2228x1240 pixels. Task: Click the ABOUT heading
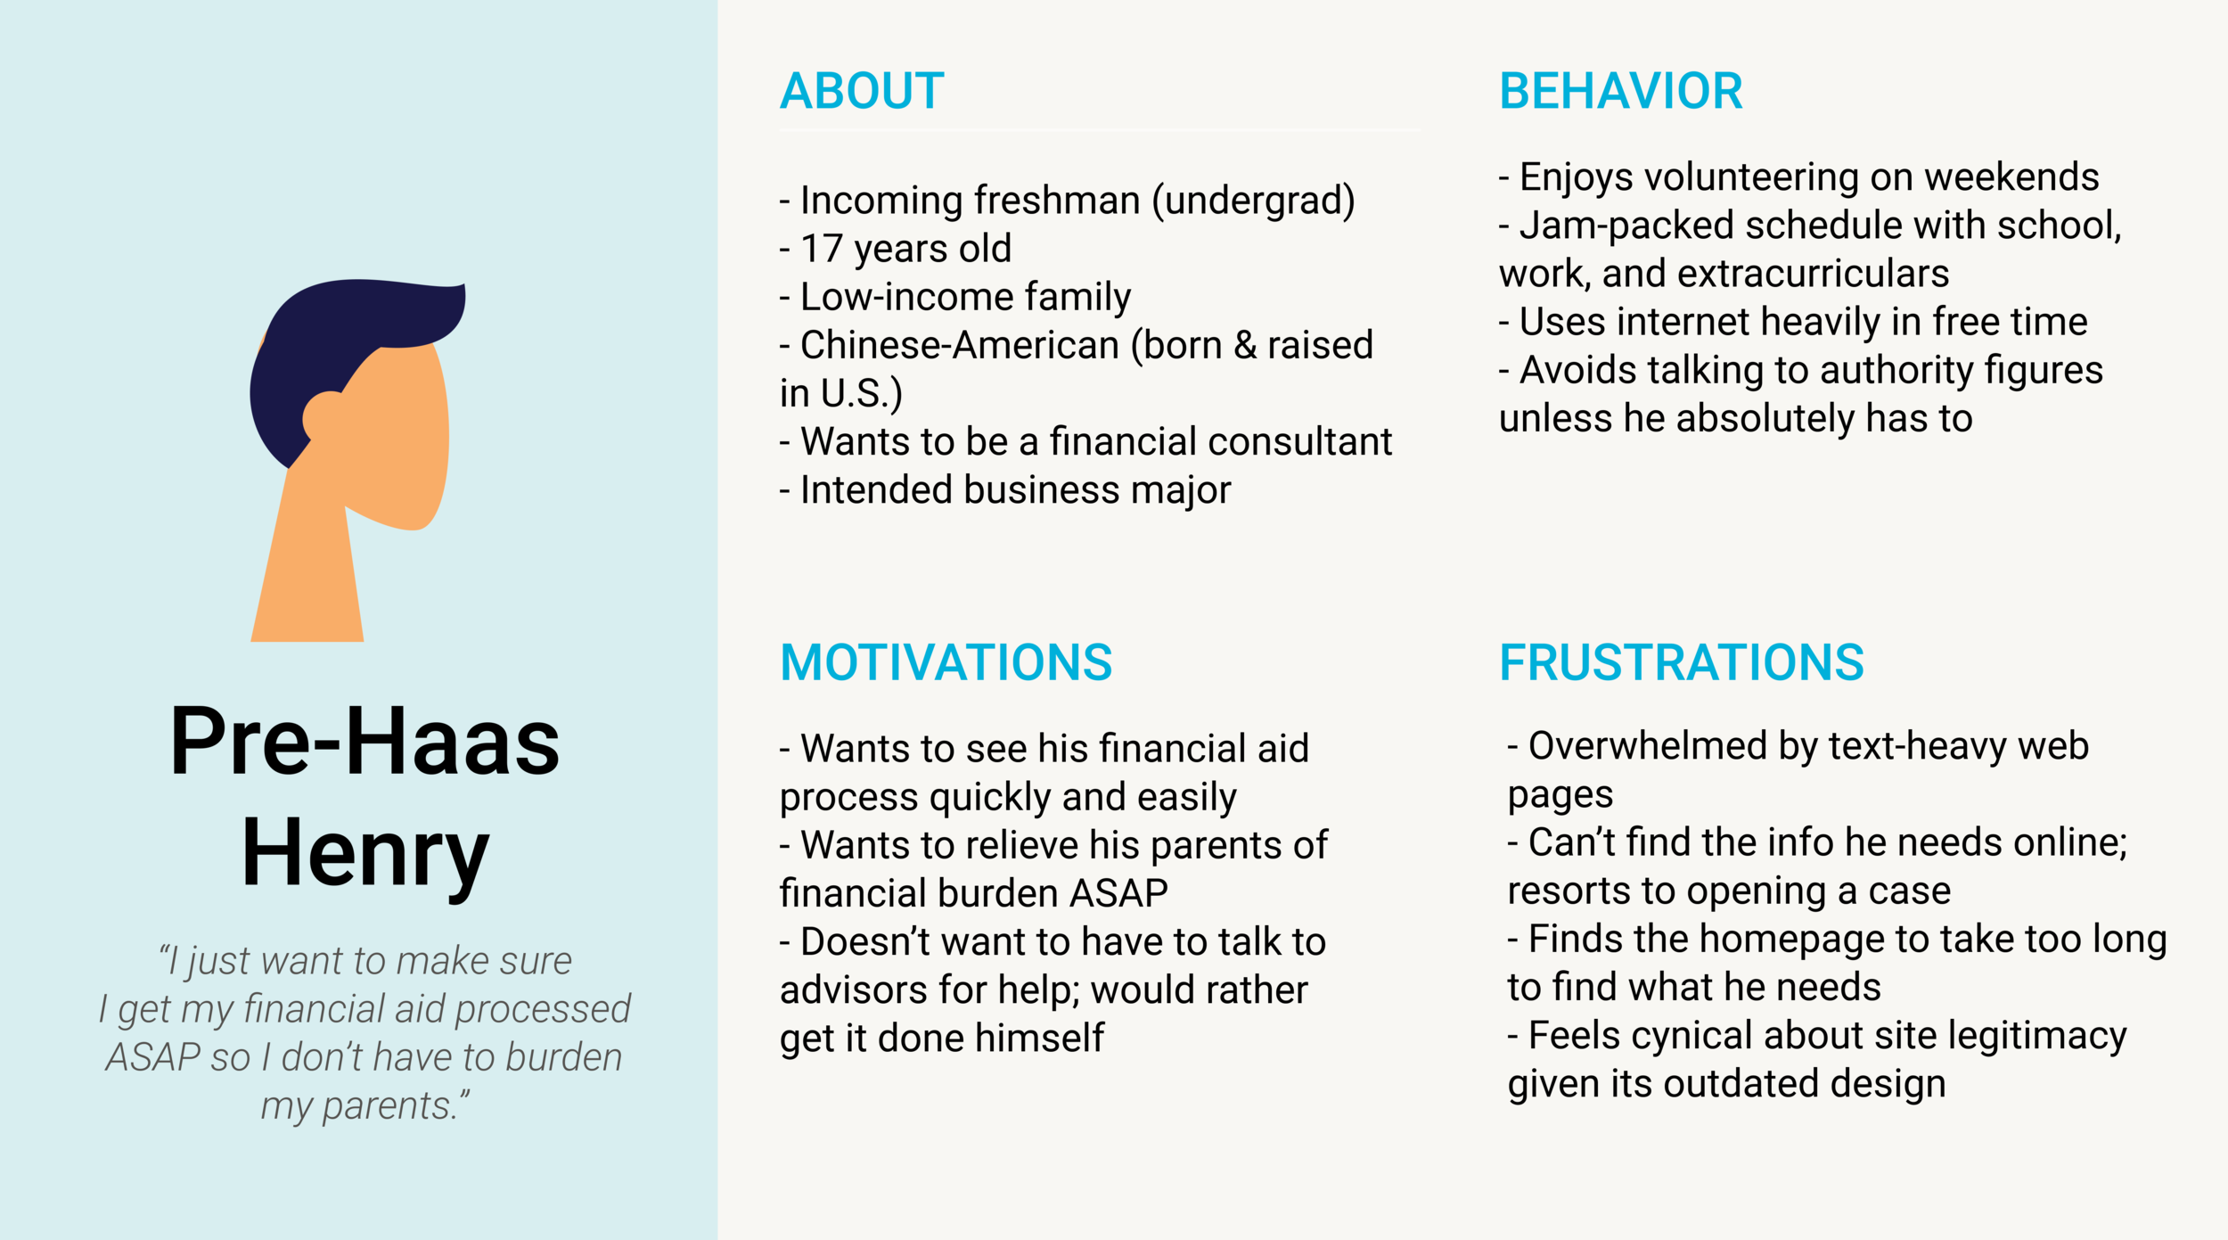pos(862,91)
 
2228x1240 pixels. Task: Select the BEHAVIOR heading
pos(1620,91)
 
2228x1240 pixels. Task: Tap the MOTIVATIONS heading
pos(946,662)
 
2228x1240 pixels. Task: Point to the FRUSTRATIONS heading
pos(1681,662)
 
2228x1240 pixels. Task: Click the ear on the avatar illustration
pos(323,417)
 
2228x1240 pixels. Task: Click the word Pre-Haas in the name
pos(365,742)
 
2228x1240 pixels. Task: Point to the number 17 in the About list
pos(821,249)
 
